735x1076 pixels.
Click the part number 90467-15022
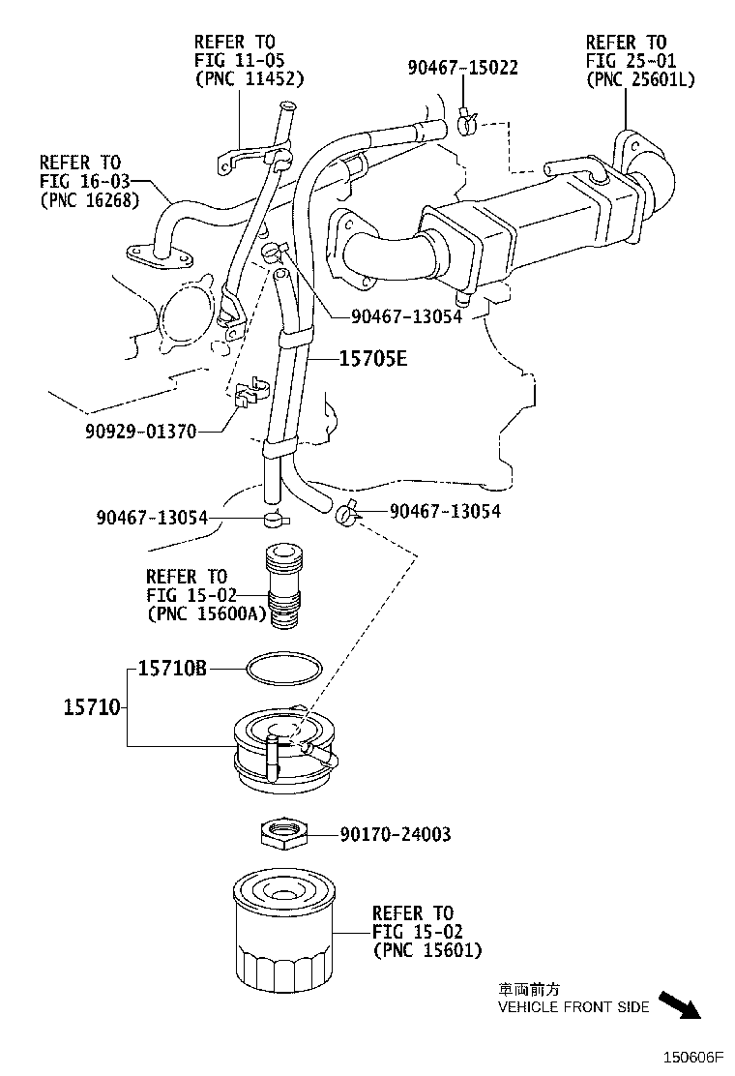(x=461, y=68)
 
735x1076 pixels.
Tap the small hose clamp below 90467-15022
(x=466, y=123)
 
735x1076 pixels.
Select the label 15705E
(x=372, y=360)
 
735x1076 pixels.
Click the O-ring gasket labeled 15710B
(x=282, y=668)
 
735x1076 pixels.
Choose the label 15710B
(x=172, y=668)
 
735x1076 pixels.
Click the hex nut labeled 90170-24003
(x=283, y=832)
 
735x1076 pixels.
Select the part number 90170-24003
(x=395, y=833)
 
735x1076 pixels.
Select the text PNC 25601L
(x=640, y=79)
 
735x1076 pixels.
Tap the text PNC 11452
(x=249, y=78)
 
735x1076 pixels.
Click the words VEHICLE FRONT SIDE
(x=573, y=1007)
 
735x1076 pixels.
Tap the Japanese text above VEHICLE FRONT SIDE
(x=528, y=990)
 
